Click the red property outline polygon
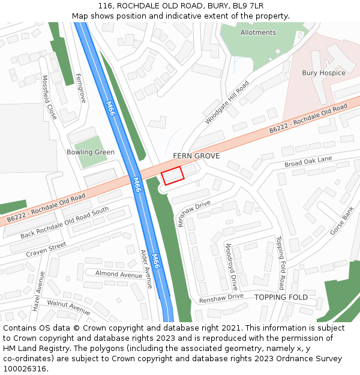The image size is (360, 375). click(172, 176)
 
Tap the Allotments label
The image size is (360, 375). click(258, 32)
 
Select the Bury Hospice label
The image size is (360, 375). click(323, 73)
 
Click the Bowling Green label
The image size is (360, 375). click(91, 152)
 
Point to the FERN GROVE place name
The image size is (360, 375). click(196, 156)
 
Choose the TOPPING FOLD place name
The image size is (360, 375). click(281, 298)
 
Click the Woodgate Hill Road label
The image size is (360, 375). click(227, 103)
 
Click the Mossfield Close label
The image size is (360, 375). click(49, 97)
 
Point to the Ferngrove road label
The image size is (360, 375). click(81, 88)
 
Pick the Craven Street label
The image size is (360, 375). click(46, 250)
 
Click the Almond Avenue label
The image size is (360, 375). click(119, 274)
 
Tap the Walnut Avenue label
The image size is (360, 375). click(68, 307)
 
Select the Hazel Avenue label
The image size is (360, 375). click(38, 291)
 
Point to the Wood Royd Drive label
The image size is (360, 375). click(232, 266)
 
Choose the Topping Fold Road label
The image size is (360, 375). click(280, 262)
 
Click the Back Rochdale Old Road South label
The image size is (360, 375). click(65, 222)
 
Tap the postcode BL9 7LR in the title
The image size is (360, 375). click(245, 7)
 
